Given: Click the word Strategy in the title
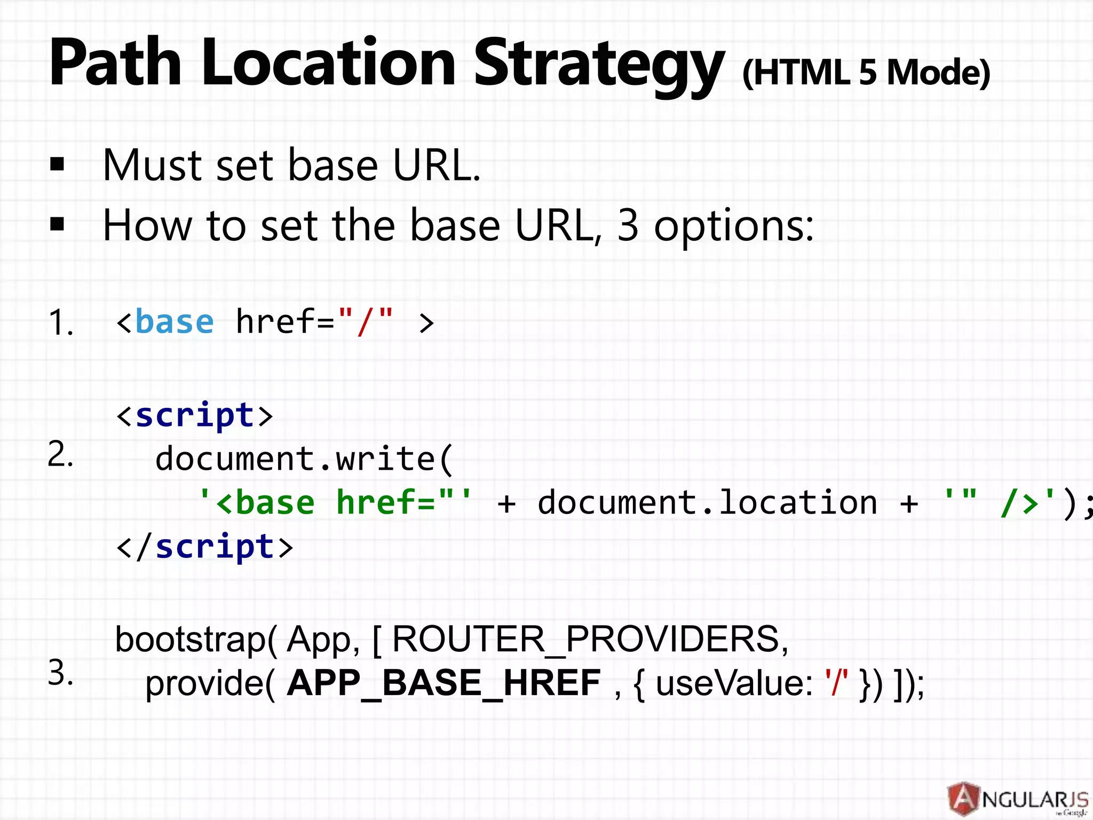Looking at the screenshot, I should [x=599, y=64].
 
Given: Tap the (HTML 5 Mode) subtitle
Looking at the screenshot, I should [x=866, y=73].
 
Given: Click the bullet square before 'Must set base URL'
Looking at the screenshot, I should [x=57, y=164].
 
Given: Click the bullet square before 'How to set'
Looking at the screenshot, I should [x=57, y=225].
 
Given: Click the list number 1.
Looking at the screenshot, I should [x=60, y=323].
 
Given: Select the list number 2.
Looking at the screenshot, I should [x=60, y=455].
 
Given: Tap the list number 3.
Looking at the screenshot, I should [x=60, y=673].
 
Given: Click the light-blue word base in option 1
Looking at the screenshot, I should [x=175, y=322].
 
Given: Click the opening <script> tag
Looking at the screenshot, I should [x=195, y=415].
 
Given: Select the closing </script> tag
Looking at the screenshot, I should [x=205, y=547].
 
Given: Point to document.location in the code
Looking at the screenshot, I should [x=707, y=503].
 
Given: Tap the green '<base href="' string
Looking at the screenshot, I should [x=335, y=503].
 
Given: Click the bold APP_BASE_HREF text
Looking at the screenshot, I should [x=443, y=683].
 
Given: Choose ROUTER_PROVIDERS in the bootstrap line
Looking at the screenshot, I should [x=590, y=639].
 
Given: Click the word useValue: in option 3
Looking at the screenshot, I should [x=734, y=683].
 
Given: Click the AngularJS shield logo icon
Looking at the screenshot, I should [x=963, y=799].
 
